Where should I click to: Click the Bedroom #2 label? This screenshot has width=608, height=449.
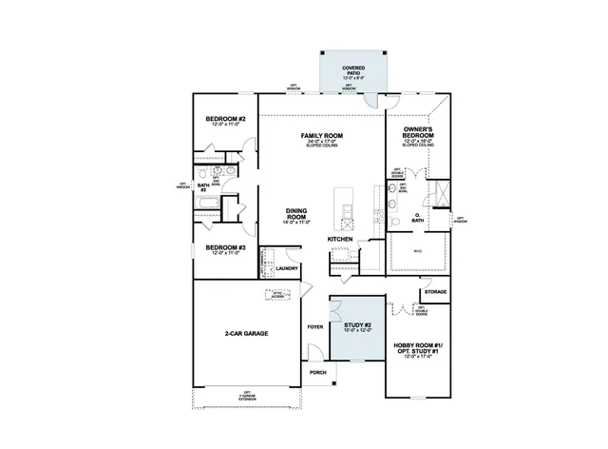pyautogui.click(x=226, y=119)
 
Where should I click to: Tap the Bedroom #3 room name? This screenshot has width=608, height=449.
pyautogui.click(x=226, y=248)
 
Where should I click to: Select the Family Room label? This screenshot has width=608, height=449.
pyautogui.click(x=321, y=136)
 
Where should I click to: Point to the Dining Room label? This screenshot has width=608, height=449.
pyautogui.click(x=296, y=214)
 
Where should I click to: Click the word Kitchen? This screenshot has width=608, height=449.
pyautogui.click(x=340, y=239)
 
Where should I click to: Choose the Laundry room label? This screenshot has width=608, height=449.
pyautogui.click(x=287, y=269)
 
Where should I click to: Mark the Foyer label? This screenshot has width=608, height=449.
pyautogui.click(x=315, y=327)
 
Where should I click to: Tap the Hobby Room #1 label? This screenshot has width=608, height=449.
pyautogui.click(x=418, y=344)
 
